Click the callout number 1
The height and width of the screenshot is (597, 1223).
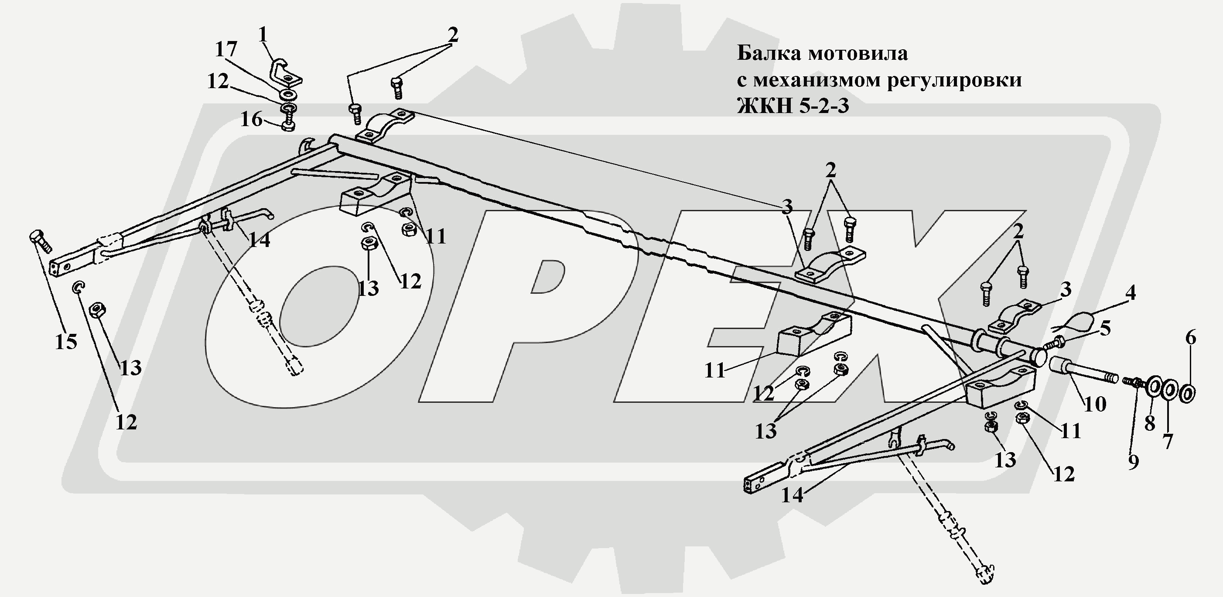click(263, 34)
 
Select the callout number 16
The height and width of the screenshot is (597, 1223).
click(251, 119)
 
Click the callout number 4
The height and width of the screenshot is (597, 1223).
click(1131, 292)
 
